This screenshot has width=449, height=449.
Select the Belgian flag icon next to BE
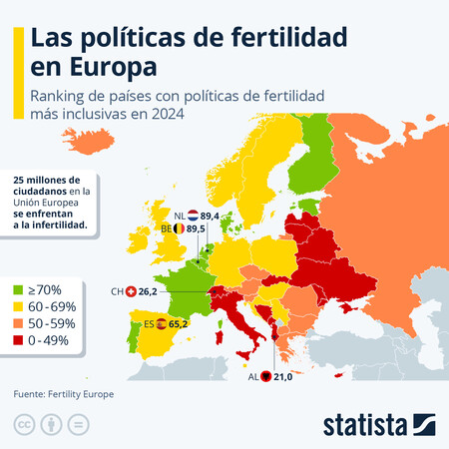point(180,228)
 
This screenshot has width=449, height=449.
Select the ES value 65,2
point(184,323)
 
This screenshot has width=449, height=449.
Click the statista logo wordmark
point(365,424)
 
